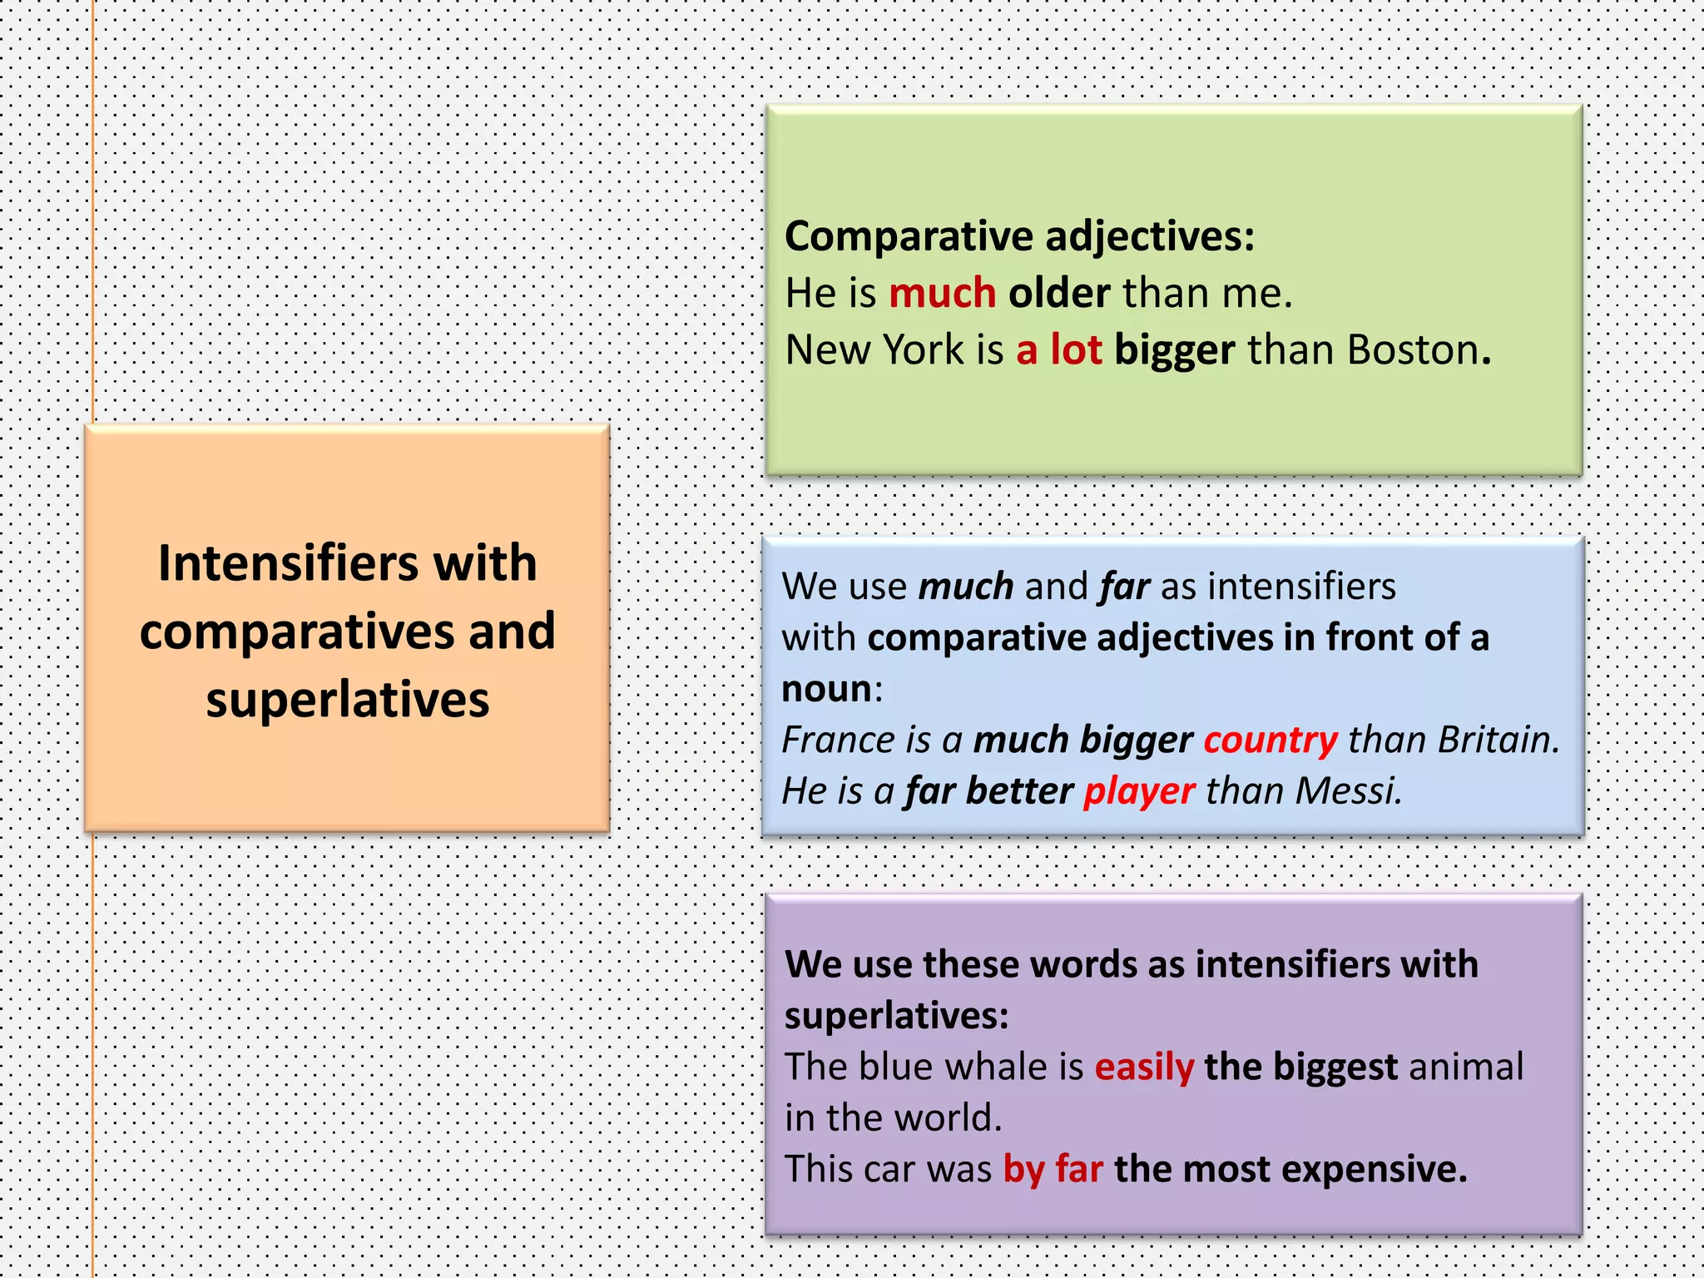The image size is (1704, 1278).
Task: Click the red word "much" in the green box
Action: pyautogui.click(x=942, y=293)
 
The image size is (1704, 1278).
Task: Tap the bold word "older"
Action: pyautogui.click(x=1058, y=293)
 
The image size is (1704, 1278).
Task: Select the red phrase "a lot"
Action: pyautogui.click(x=1058, y=349)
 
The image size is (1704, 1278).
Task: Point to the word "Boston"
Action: pyautogui.click(x=1413, y=349)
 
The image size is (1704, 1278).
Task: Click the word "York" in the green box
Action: pyautogui.click(x=923, y=349)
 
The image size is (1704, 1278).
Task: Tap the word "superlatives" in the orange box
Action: pyautogui.click(x=347, y=700)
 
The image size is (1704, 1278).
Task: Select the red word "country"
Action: pyautogui.click(x=1271, y=740)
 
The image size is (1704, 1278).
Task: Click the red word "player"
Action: pyautogui.click(x=1139, y=791)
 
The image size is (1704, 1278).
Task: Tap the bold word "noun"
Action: pyautogui.click(x=827, y=689)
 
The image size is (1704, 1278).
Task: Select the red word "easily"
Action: pyautogui.click(x=1144, y=1067)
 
